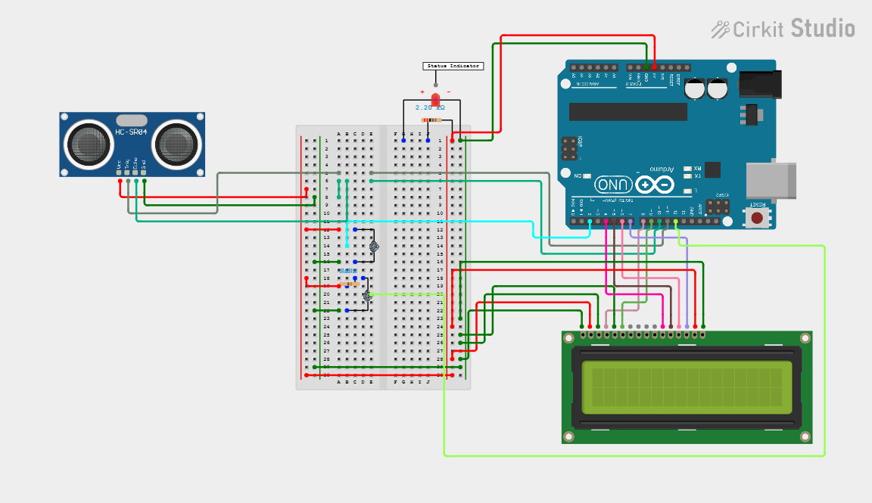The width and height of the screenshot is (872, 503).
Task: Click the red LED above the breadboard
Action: tap(435, 100)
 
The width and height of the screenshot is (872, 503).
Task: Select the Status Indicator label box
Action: tap(453, 67)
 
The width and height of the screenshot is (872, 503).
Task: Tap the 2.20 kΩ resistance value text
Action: tap(430, 108)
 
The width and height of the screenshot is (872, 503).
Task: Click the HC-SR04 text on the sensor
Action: tap(130, 133)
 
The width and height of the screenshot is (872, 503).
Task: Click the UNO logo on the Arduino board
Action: tap(614, 184)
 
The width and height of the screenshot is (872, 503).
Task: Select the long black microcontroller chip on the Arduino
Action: tap(628, 112)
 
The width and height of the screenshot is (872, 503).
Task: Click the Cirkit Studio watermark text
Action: tap(783, 29)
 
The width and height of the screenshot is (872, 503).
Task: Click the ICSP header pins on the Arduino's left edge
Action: tap(568, 148)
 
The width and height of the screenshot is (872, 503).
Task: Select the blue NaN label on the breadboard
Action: tap(347, 271)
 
